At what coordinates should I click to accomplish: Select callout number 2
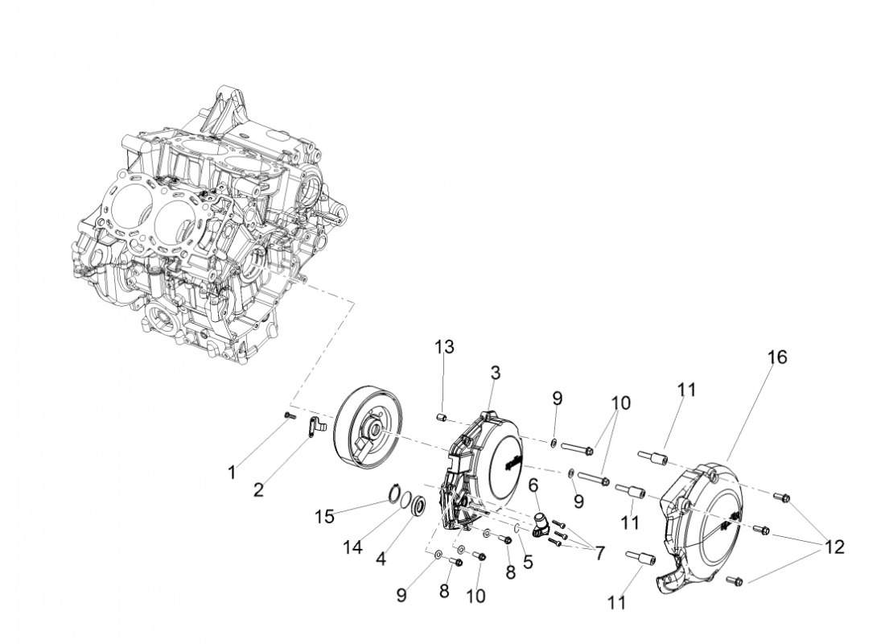pyautogui.click(x=259, y=489)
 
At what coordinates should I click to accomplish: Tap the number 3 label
pyautogui.click(x=496, y=373)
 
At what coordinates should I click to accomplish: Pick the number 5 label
pyautogui.click(x=528, y=562)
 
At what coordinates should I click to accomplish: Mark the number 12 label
pyautogui.click(x=834, y=547)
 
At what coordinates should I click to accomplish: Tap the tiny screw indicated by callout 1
pyautogui.click(x=290, y=415)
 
